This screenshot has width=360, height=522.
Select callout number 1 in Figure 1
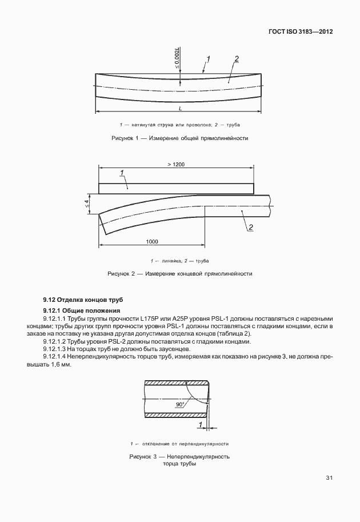[209, 58]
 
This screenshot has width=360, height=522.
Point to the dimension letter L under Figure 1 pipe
[179, 108]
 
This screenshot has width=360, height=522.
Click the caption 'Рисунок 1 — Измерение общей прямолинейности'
[179, 138]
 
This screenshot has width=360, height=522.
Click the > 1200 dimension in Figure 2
[176, 165]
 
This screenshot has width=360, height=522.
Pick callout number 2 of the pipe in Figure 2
[250, 228]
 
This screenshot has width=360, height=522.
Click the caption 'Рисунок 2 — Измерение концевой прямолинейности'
[179, 274]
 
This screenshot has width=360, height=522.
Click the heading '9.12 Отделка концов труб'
[82, 300]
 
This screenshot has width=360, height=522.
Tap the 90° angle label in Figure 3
[181, 404]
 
